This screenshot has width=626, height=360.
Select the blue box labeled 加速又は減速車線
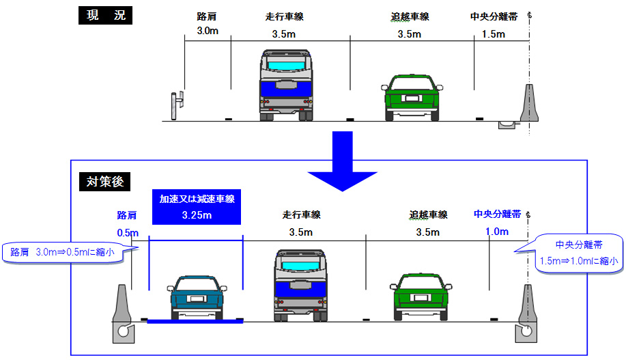pos(197,207)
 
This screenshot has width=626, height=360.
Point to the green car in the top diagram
pos(410,96)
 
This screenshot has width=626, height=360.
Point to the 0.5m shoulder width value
pos(128,232)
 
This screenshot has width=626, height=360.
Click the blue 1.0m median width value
pos(497,232)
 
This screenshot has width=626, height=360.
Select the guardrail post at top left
pos(177,106)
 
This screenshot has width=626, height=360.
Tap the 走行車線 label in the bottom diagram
pos(301,214)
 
